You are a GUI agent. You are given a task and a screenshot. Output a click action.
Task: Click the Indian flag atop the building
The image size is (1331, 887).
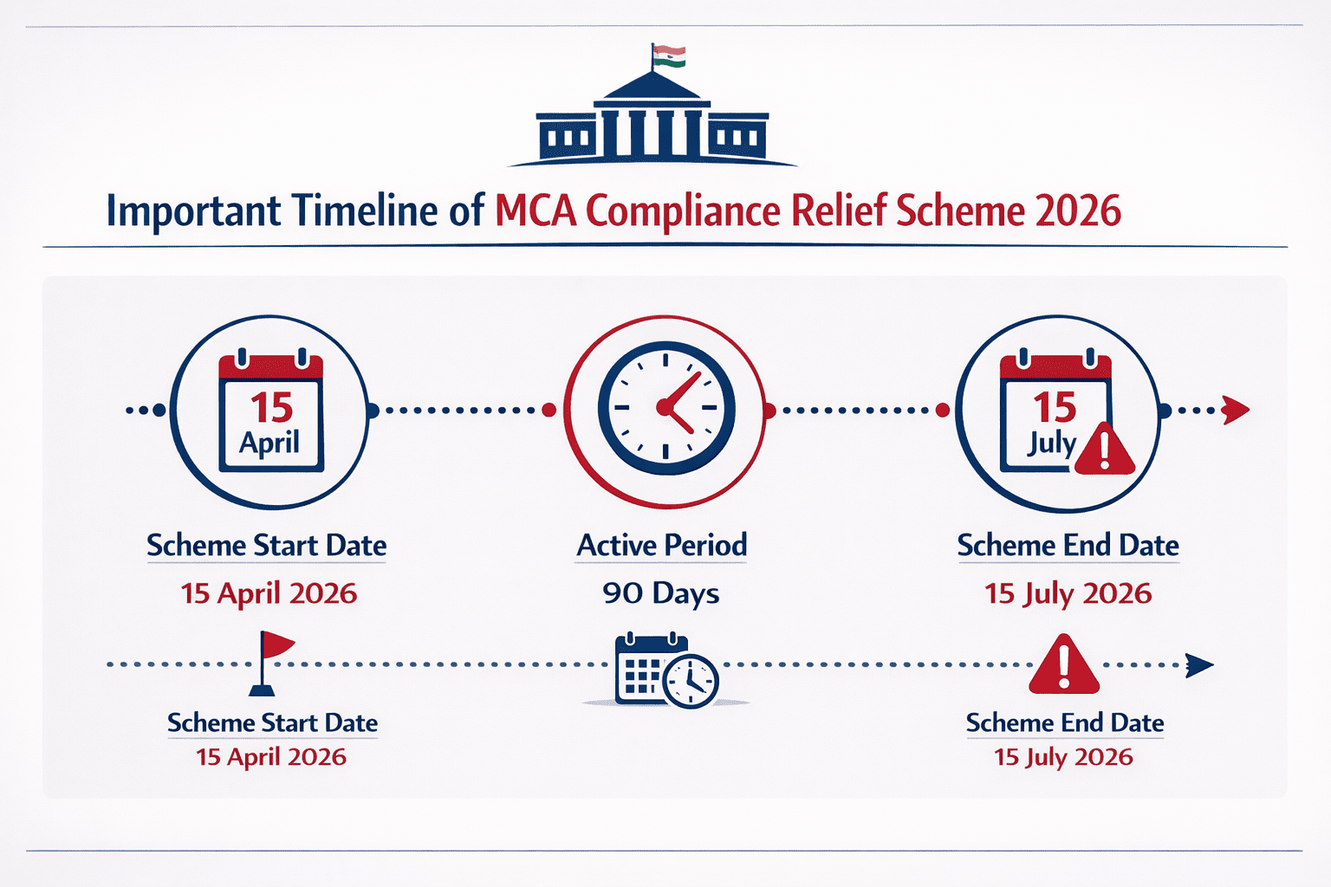[x=669, y=56]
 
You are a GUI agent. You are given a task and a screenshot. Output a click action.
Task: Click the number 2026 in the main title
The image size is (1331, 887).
[x=1078, y=211]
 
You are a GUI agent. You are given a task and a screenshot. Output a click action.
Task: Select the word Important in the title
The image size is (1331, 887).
[x=193, y=211]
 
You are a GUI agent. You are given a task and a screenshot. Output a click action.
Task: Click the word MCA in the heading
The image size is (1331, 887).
[x=536, y=211]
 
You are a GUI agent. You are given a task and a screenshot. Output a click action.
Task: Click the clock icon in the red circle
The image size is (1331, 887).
[x=665, y=408]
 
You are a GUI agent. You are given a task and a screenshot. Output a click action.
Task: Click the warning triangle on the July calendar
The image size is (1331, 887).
[x=1104, y=449]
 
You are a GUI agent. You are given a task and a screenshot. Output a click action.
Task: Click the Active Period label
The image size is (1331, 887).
[x=662, y=546]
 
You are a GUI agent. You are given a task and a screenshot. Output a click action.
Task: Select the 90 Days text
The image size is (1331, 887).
[x=661, y=593]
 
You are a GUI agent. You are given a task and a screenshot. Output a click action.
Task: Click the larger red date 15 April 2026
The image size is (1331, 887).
[x=269, y=593]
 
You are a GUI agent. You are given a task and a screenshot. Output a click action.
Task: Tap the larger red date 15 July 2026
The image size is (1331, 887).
[x=1068, y=593]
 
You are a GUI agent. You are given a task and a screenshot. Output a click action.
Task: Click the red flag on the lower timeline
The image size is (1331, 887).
[x=276, y=646]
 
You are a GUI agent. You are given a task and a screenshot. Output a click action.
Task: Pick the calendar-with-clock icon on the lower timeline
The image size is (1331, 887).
[x=665, y=671]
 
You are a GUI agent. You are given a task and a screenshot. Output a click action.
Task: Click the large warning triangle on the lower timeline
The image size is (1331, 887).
[x=1064, y=665]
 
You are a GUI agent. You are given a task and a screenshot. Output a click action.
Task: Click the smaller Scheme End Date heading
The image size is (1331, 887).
[x=1065, y=722]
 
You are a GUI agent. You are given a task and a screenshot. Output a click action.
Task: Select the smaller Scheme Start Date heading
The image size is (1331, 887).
[x=272, y=722]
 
